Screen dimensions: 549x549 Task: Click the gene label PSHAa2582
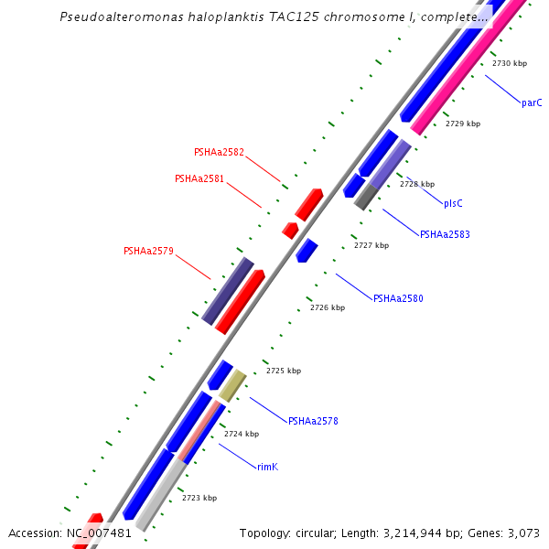pyautogui.click(x=219, y=152)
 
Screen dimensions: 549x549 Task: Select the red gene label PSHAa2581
pyautogui.click(x=199, y=178)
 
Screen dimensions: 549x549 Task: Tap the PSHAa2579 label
pyautogui.click(x=148, y=251)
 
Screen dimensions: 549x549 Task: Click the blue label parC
pyautogui.click(x=532, y=102)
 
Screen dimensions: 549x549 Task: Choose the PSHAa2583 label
pyautogui.click(x=445, y=234)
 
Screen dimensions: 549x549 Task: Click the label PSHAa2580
pyautogui.click(x=398, y=298)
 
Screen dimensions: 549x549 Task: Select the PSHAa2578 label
pyautogui.click(x=313, y=422)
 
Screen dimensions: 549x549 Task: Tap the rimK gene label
pyautogui.click(x=267, y=467)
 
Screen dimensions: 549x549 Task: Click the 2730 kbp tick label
pyautogui.click(x=509, y=64)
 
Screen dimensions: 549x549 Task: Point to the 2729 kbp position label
pyautogui.click(x=462, y=124)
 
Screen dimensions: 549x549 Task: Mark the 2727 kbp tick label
pyautogui.click(x=371, y=245)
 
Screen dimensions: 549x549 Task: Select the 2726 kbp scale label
pyautogui.click(x=328, y=308)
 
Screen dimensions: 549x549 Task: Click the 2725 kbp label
pyautogui.click(x=284, y=371)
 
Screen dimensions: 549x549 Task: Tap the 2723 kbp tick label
pyautogui.click(x=199, y=498)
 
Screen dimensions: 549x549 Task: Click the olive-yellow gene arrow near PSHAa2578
pyautogui.click(x=232, y=385)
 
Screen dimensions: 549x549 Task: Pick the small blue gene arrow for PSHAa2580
pyautogui.click(x=307, y=250)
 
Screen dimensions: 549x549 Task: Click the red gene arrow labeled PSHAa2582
pyautogui.click(x=308, y=205)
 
